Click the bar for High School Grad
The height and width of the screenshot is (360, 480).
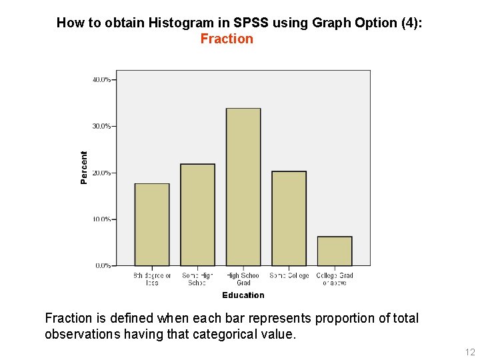click(243, 187)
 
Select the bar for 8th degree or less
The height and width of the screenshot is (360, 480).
click(152, 225)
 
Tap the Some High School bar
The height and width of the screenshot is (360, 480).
click(197, 215)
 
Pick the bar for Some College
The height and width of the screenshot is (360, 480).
click(289, 219)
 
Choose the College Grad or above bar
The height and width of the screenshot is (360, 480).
click(335, 251)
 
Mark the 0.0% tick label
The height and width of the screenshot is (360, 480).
click(103, 265)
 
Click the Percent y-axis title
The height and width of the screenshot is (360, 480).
click(84, 167)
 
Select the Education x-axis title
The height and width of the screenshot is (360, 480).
click(243, 295)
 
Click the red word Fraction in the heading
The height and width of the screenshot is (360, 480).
click(227, 39)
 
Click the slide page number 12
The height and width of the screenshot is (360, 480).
click(470, 352)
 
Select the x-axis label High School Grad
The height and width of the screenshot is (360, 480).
click(243, 279)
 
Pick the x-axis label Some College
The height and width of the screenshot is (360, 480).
click(289, 275)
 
